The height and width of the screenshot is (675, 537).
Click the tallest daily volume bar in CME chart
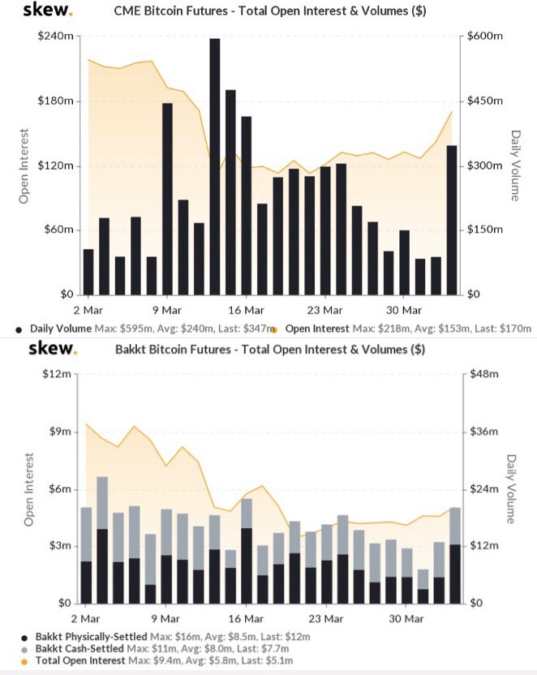click(x=215, y=166)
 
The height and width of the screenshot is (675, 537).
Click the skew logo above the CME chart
click(x=47, y=9)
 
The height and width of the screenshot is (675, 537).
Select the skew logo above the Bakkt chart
click(x=53, y=348)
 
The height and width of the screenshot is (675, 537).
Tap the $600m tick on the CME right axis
click(x=485, y=36)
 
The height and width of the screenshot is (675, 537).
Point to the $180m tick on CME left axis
click(x=55, y=101)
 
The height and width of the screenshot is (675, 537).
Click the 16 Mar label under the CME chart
click(x=246, y=311)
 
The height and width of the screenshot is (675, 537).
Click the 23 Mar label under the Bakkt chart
click(x=326, y=619)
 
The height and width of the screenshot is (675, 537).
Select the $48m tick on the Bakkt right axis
click(x=484, y=374)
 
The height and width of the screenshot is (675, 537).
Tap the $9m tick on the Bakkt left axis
click(x=60, y=432)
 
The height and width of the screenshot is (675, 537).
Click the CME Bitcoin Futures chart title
click(x=270, y=11)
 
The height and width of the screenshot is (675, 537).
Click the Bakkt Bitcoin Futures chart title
click(x=270, y=349)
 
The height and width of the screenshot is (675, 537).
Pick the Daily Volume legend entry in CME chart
click(x=61, y=329)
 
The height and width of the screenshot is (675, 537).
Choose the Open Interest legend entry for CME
click(x=317, y=329)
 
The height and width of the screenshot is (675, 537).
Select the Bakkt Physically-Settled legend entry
click(x=91, y=637)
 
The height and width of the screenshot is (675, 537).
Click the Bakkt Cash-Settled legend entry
click(x=79, y=649)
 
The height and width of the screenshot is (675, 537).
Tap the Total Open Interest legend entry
click(x=80, y=660)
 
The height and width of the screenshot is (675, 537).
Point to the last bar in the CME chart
click(x=452, y=221)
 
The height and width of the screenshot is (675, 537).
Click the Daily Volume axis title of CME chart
click(x=515, y=166)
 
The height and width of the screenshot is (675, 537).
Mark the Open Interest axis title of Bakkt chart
click(x=28, y=489)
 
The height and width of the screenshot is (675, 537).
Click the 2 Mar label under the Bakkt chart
click(x=85, y=619)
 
